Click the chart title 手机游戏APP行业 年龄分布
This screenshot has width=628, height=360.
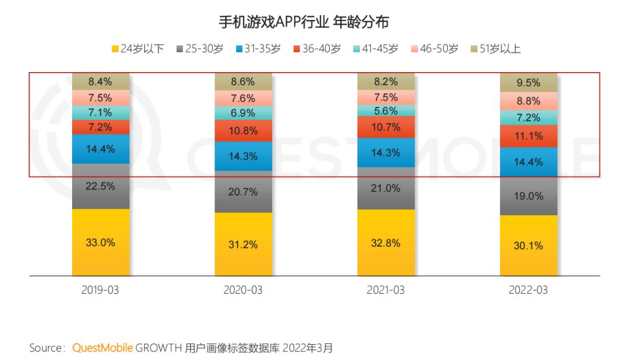pos(303,23)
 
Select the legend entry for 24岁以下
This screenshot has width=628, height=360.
pos(138,49)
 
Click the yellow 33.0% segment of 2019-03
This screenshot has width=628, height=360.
pos(101,243)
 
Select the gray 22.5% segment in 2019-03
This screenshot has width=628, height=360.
pos(101,186)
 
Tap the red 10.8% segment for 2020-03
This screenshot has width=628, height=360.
pos(243,131)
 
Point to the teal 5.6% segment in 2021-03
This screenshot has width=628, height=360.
pos(386,111)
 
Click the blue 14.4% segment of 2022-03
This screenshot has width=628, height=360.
pos(528,162)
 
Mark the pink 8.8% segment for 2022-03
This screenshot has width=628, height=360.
pos(528,101)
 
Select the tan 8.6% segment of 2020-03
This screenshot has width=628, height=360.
pos(243,82)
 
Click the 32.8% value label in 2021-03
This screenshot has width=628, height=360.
pos(386,243)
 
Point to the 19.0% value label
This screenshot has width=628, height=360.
pos(528,196)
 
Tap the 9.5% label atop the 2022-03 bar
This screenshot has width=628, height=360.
pos(528,83)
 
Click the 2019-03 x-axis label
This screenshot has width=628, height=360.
pos(101,290)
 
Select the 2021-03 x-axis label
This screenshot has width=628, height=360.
pos(386,290)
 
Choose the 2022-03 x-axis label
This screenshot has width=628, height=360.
pos(528,290)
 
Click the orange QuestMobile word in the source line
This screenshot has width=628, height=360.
pos(102,348)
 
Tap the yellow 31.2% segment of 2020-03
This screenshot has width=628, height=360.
pos(243,245)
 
